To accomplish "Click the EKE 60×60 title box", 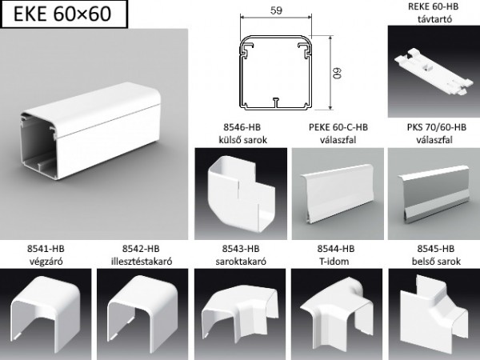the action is click(x=64, y=14).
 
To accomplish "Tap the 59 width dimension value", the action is click(x=276, y=10).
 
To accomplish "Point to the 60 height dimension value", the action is click(x=337, y=73).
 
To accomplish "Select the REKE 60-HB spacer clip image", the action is click(x=434, y=71).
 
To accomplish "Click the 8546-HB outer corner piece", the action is click(x=241, y=194).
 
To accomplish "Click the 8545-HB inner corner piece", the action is click(x=434, y=312).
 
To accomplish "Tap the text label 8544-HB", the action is click(x=336, y=249).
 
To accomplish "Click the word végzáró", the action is click(x=46, y=262).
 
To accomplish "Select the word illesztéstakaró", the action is click(x=142, y=262).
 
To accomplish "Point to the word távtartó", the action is click(x=434, y=19).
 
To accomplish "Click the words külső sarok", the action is click(x=242, y=140).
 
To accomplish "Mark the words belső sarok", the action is click(x=436, y=262).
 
